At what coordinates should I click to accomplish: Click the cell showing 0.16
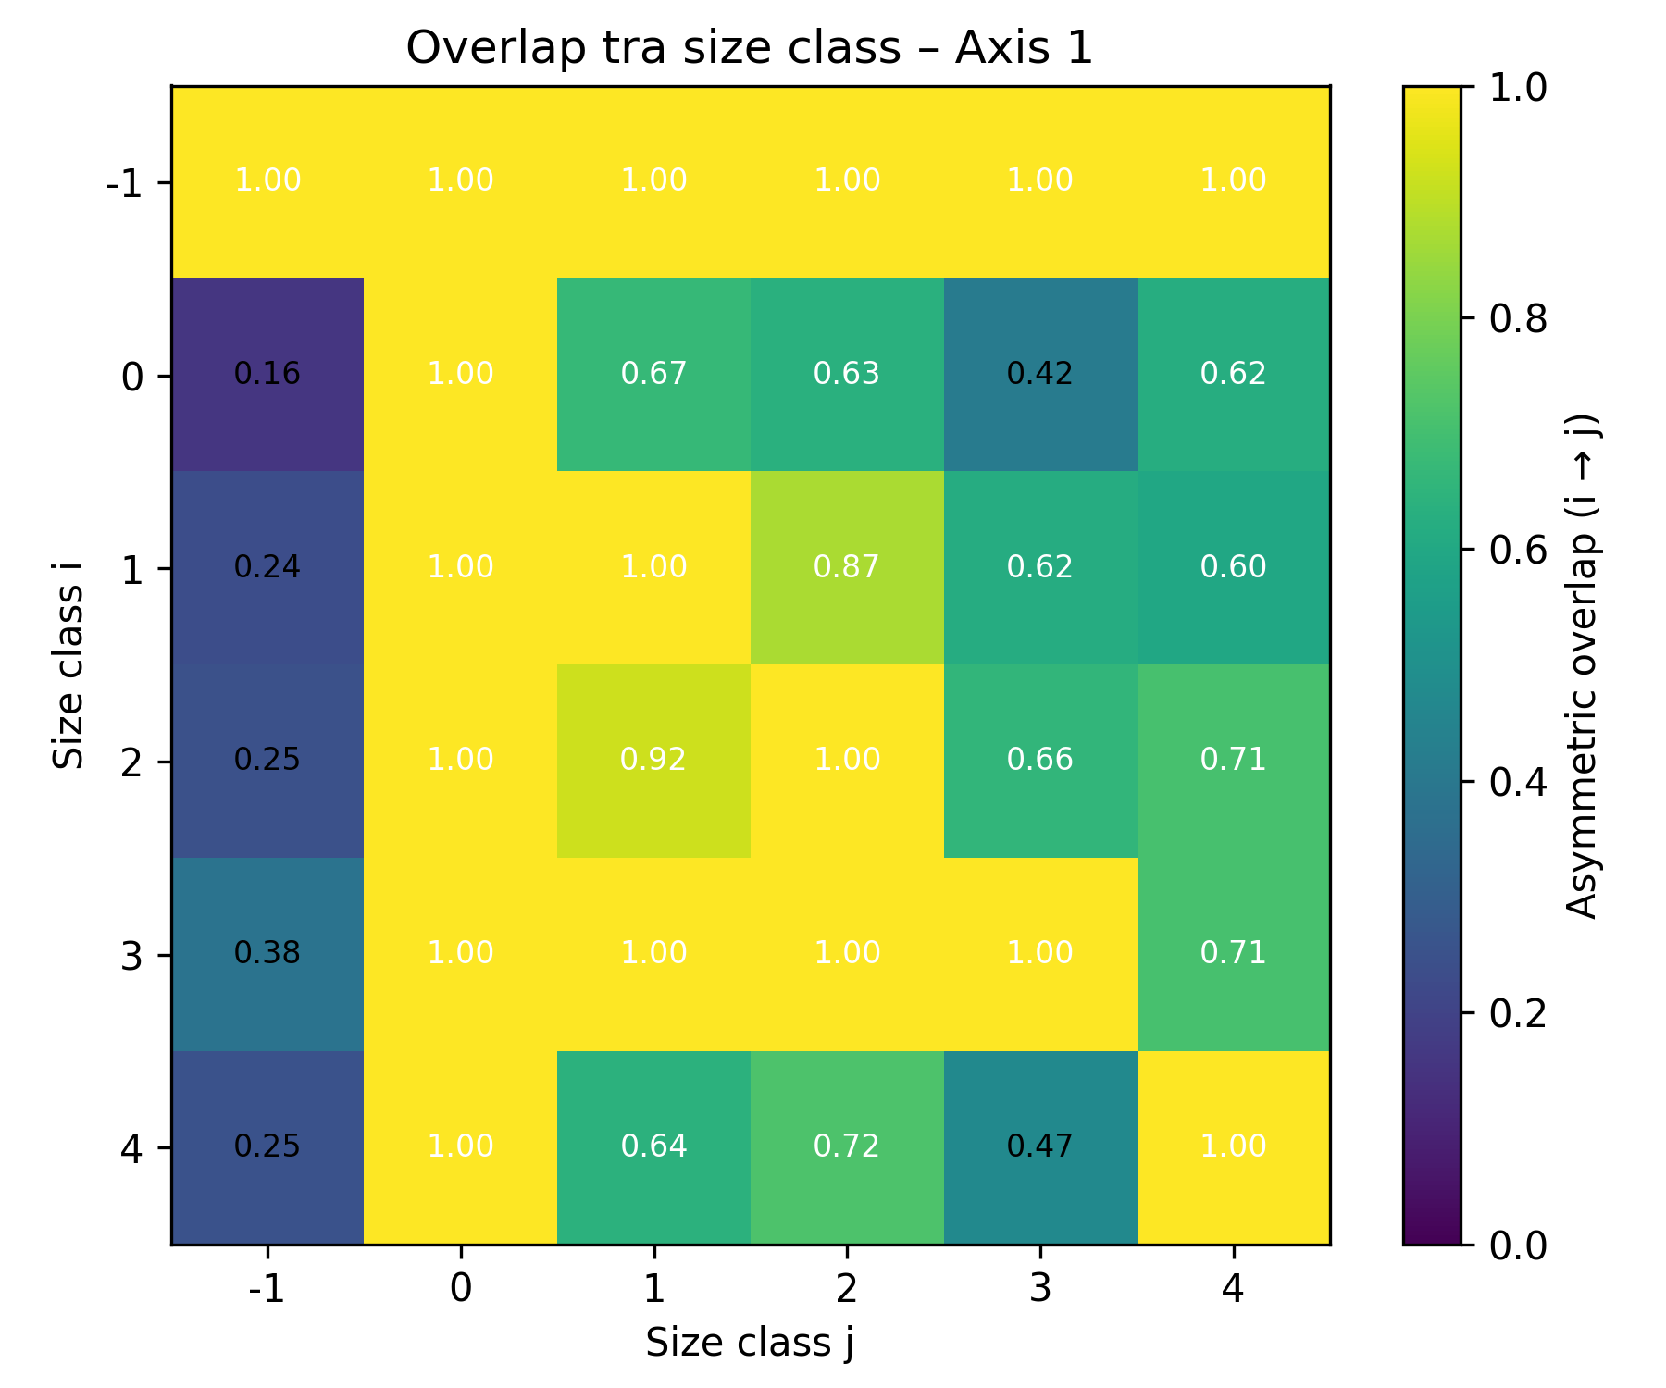(267, 374)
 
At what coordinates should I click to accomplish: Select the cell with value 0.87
(847, 567)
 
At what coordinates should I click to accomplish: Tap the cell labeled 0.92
(653, 761)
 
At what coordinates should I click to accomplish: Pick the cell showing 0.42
(1040, 374)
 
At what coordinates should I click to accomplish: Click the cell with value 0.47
(1040, 1147)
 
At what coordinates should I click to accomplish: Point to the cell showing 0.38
(267, 954)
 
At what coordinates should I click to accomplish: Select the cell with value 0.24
(267, 567)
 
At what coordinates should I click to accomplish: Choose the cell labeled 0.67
(653, 374)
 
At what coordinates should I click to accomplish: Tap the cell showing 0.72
(847, 1147)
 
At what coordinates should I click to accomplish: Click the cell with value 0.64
(653, 1147)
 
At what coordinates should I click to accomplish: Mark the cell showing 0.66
(1040, 761)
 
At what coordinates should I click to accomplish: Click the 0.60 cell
(1233, 567)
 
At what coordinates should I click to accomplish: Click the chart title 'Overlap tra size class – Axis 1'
(750, 48)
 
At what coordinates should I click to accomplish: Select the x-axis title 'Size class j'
(750, 1344)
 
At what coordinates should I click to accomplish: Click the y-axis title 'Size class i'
(68, 664)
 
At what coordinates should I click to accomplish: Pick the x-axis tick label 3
(1040, 1288)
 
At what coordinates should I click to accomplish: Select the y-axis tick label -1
(126, 183)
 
